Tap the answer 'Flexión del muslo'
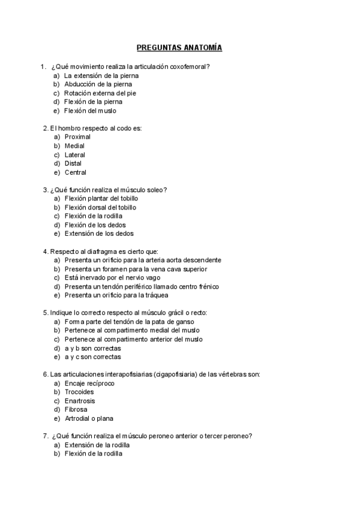point(90,111)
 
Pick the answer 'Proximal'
point(77,137)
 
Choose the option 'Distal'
point(73,163)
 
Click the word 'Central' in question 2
point(76,172)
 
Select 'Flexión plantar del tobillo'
point(101,199)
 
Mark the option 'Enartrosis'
point(80,401)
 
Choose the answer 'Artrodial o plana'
point(89,418)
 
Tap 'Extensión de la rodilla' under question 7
point(97,445)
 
